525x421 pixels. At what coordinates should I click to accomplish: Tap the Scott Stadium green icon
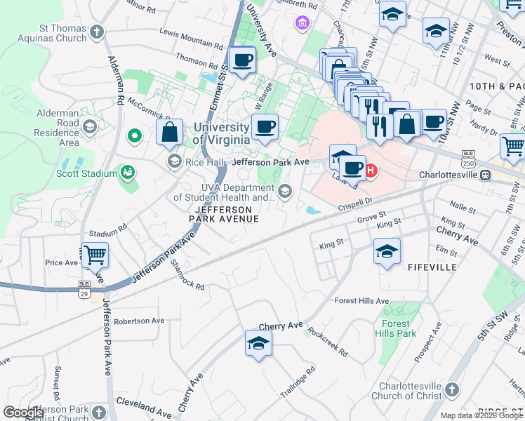pyautogui.click(x=128, y=171)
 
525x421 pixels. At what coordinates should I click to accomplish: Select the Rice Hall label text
pyautogui.click(x=204, y=162)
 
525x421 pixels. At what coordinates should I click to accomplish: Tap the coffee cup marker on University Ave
pyautogui.click(x=243, y=60)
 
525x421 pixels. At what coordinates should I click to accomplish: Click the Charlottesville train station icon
pyautogui.click(x=485, y=175)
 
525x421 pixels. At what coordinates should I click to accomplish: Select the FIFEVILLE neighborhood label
pyautogui.click(x=432, y=267)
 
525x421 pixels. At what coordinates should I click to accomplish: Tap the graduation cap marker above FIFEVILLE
pyautogui.click(x=387, y=250)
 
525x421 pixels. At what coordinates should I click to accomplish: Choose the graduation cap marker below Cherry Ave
pyautogui.click(x=258, y=343)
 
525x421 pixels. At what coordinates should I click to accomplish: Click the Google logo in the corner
pyautogui.click(x=25, y=413)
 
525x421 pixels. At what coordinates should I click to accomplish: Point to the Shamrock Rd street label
pyautogui.click(x=187, y=275)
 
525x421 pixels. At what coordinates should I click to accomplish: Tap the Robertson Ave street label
pyautogui.click(x=139, y=321)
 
